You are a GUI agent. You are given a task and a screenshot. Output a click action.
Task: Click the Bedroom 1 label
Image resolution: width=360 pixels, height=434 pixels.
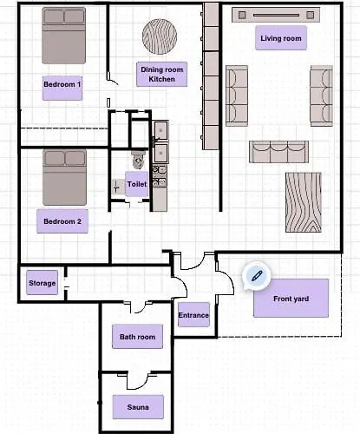(62, 84)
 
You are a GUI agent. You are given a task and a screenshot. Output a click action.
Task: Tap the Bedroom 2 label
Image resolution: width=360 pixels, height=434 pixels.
(62, 221)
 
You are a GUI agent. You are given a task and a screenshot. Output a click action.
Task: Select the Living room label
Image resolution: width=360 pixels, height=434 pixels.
(281, 38)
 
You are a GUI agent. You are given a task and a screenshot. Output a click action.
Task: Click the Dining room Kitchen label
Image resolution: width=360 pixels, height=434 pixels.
(161, 74)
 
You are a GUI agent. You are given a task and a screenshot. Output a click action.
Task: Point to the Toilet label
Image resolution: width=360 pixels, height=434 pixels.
(136, 184)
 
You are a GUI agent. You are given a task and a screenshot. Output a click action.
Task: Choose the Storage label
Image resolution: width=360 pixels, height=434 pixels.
(43, 283)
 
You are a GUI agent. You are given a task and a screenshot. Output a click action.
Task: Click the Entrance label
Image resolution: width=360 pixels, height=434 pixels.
(193, 315)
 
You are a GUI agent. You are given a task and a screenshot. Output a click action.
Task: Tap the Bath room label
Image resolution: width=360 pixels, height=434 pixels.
(137, 337)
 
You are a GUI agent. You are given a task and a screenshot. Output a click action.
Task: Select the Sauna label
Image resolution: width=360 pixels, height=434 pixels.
(137, 405)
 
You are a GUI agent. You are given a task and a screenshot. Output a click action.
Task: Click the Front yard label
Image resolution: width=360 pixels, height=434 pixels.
(291, 299)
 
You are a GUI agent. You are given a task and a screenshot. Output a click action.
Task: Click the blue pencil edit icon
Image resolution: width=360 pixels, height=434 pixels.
(256, 275)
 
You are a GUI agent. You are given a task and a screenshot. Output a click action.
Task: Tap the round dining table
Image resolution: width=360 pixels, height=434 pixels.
(161, 36)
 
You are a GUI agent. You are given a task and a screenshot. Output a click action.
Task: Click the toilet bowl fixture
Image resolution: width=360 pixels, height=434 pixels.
(136, 161)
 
